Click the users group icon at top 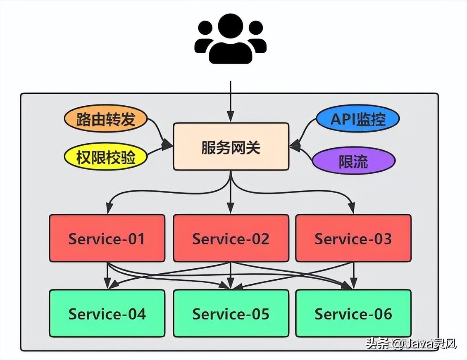point(230,39)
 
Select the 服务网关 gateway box point(231,147)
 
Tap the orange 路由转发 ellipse point(106,120)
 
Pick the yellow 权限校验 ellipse point(106,157)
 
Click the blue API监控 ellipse point(357,119)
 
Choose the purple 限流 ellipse point(353,161)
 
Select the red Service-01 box point(107,238)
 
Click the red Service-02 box point(231,238)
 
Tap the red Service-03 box point(353,238)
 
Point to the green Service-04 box point(107,313)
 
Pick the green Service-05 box point(231,313)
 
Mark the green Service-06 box point(353,313)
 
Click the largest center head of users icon point(230,27)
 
